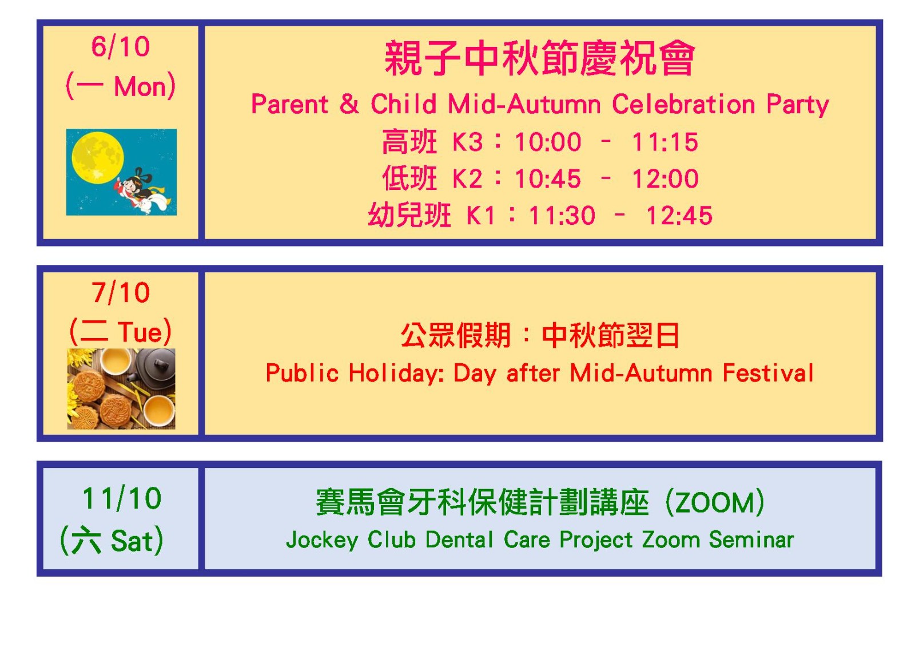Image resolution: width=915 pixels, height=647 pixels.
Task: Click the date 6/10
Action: coord(121,46)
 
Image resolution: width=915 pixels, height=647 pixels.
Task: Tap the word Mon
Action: coord(140,86)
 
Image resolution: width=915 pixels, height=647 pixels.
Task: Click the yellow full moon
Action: coord(98,157)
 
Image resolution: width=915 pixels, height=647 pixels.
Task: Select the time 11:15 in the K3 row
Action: coord(665,142)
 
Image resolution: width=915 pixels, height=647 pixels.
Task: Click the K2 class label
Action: coord(467,179)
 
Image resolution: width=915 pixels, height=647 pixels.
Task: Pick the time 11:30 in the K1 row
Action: coord(562,216)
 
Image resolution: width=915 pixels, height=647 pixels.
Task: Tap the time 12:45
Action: coord(679,216)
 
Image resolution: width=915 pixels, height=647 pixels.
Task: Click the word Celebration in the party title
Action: coord(683,104)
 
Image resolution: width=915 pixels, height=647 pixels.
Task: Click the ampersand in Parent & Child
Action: coord(349,104)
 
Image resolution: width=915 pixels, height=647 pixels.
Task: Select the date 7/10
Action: coord(121,293)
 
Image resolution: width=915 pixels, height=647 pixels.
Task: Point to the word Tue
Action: coord(140,332)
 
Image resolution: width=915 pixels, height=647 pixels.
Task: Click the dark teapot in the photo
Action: coord(154,366)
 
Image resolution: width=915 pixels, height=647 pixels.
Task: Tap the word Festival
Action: coord(768,373)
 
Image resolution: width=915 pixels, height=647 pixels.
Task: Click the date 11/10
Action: coord(122,499)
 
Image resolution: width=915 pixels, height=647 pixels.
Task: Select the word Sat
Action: coord(132,541)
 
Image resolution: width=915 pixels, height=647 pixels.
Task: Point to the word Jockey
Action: coord(322,540)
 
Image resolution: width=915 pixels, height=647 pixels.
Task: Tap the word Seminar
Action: coord(751,539)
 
